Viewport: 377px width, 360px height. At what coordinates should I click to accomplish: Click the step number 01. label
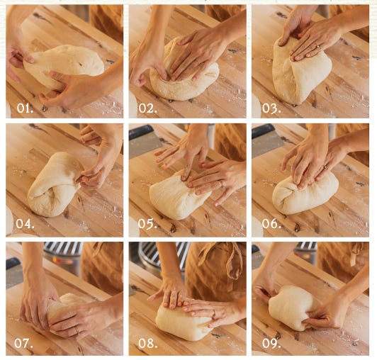click(25, 108)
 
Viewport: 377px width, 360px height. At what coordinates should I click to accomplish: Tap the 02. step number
click(148, 108)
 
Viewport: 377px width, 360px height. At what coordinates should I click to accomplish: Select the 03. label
click(271, 108)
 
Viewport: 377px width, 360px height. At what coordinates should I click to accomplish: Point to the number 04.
click(25, 224)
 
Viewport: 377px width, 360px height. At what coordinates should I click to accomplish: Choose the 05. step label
click(147, 224)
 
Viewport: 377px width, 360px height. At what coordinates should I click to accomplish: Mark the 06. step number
click(271, 224)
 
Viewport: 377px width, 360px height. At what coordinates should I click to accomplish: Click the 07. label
click(23, 343)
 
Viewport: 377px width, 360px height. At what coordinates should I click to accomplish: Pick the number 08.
click(148, 344)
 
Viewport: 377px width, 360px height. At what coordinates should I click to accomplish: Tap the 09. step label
click(271, 344)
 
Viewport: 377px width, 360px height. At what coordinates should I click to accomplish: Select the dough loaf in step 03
click(300, 72)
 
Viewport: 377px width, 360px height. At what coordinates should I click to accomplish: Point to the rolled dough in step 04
click(54, 185)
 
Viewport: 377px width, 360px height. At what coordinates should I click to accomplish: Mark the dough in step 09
click(292, 308)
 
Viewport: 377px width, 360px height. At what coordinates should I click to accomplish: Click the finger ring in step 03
click(317, 46)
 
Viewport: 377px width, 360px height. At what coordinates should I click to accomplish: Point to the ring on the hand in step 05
click(223, 184)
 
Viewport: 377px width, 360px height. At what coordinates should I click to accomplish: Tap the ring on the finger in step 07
click(77, 330)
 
